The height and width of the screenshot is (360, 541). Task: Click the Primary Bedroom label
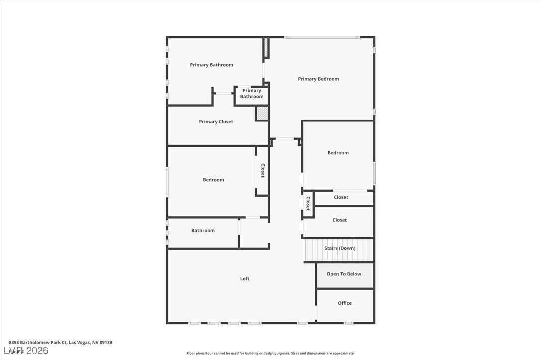[318, 79]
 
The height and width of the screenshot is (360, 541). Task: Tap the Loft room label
[245, 279]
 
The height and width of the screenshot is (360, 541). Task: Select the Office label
[345, 303]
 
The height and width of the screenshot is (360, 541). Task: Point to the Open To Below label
[344, 274]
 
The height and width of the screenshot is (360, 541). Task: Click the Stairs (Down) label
[340, 248]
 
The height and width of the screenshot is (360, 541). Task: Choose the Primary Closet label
[216, 122]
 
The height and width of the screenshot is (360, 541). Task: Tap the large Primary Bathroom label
[211, 65]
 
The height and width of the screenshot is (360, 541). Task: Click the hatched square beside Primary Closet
[262, 113]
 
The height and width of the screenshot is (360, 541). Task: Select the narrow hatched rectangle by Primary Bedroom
[266, 48]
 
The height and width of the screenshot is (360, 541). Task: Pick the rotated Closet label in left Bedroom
[262, 171]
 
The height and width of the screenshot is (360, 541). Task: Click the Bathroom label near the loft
[203, 230]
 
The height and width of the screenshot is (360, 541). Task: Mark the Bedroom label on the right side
[338, 153]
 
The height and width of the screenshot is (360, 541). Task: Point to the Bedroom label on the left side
[213, 180]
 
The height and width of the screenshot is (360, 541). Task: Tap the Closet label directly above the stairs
[340, 220]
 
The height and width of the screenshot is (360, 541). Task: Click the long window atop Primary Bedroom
[322, 37]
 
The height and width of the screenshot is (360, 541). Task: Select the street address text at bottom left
[60, 342]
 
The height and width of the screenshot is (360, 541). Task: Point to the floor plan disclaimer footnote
[270, 353]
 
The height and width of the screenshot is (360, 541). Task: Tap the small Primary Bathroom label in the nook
[252, 93]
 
